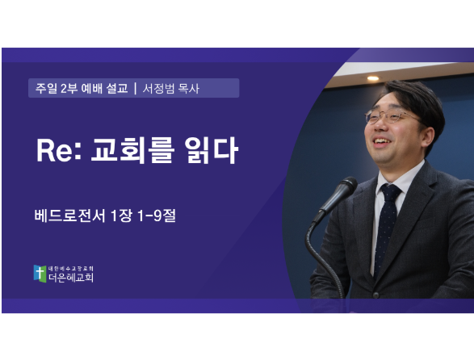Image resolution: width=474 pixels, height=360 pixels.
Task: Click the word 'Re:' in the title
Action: (x=59, y=150)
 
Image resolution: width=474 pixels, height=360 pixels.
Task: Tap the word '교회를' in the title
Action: (x=132, y=150)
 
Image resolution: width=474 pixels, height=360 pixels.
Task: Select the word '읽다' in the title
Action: (x=212, y=150)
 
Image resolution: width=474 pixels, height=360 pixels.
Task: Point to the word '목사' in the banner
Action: (x=189, y=89)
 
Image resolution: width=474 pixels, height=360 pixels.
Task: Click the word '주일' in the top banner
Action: (x=46, y=88)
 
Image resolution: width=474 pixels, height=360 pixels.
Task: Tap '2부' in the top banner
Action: (x=69, y=88)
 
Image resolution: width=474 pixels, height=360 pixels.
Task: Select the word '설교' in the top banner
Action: (x=117, y=88)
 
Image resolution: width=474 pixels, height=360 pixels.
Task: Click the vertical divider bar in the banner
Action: (x=135, y=88)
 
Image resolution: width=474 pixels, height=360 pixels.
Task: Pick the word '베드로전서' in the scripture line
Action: (x=69, y=216)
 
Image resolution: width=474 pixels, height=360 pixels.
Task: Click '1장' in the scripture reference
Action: (x=121, y=216)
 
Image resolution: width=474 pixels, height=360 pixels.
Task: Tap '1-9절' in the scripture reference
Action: (x=157, y=216)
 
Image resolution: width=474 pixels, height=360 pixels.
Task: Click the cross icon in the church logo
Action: (x=40, y=274)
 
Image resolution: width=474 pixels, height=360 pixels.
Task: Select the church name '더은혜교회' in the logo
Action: (x=71, y=277)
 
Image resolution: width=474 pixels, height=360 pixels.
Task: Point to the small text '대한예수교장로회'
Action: (x=71, y=269)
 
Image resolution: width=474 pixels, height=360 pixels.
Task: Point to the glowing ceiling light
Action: (x=373, y=78)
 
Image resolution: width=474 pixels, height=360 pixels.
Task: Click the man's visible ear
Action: (x=428, y=137)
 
